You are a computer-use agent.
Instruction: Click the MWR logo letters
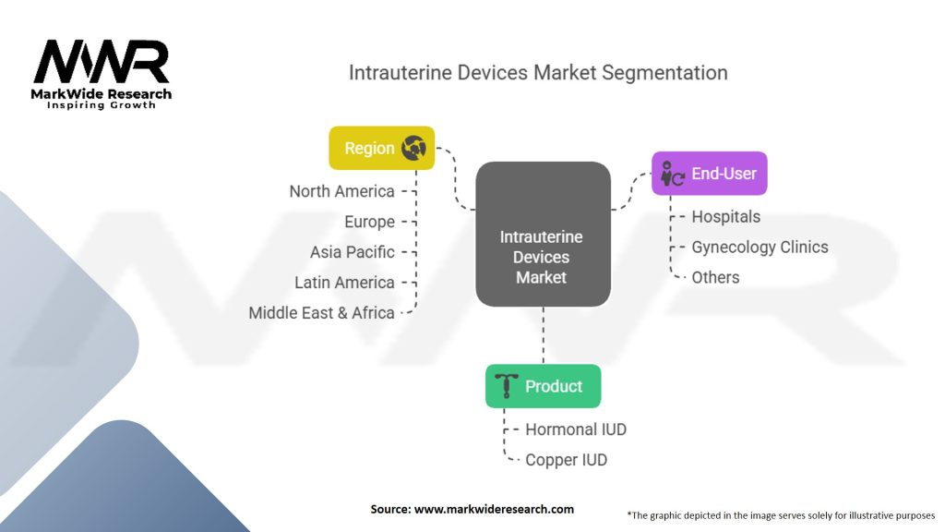[x=102, y=62]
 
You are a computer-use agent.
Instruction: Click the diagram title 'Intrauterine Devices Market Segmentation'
[x=537, y=72]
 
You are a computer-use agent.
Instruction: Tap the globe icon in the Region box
[x=413, y=148]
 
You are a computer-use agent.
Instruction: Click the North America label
[x=341, y=191]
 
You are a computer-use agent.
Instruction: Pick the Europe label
[x=369, y=222]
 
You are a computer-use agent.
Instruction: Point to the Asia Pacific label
[x=352, y=252]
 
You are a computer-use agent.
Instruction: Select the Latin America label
[x=344, y=283]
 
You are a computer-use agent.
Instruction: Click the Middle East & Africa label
[x=321, y=313]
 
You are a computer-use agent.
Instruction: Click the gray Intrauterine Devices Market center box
[x=542, y=235]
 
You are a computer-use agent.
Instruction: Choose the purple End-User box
[x=709, y=173]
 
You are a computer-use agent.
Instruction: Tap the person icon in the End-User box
[x=672, y=174]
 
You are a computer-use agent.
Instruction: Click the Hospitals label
[x=725, y=217]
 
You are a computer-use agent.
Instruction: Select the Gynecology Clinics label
[x=760, y=248]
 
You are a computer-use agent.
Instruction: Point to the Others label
[x=715, y=277]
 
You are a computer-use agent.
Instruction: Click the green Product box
[x=543, y=386]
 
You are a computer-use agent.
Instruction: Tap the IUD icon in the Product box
[x=507, y=386]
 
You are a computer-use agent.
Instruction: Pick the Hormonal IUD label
[x=575, y=429]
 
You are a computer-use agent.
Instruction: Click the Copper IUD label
[x=566, y=460]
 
